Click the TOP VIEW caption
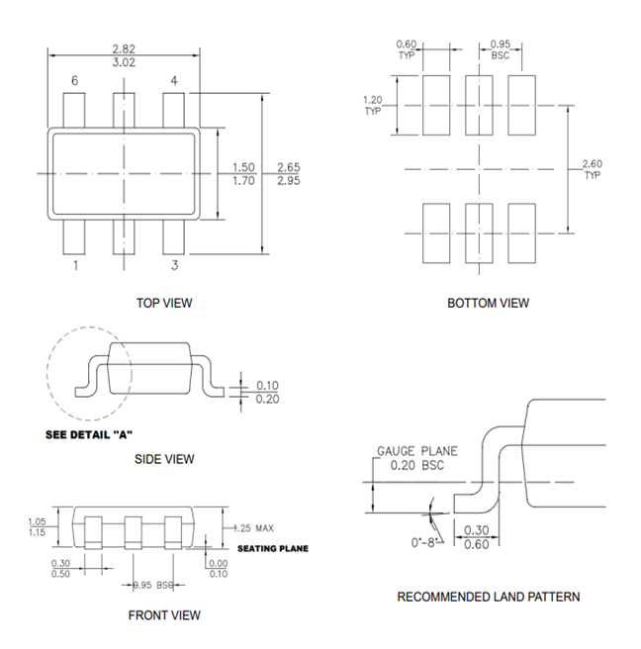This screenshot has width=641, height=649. tap(164, 303)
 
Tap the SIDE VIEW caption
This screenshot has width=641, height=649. tap(164, 459)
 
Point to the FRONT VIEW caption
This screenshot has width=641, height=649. tap(164, 615)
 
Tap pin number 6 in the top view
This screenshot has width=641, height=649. tap(74, 81)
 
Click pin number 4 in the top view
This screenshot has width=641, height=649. tap(174, 81)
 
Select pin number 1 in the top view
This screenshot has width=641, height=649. tap(74, 265)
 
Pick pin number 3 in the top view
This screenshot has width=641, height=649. tap(174, 265)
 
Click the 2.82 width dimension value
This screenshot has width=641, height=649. tap(124, 47)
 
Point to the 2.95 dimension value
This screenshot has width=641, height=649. tap(289, 181)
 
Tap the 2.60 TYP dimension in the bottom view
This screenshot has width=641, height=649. tap(592, 169)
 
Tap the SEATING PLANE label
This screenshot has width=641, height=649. tap(273, 548)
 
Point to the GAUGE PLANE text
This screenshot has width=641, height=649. tap(416, 451)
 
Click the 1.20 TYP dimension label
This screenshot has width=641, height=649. tap(373, 106)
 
